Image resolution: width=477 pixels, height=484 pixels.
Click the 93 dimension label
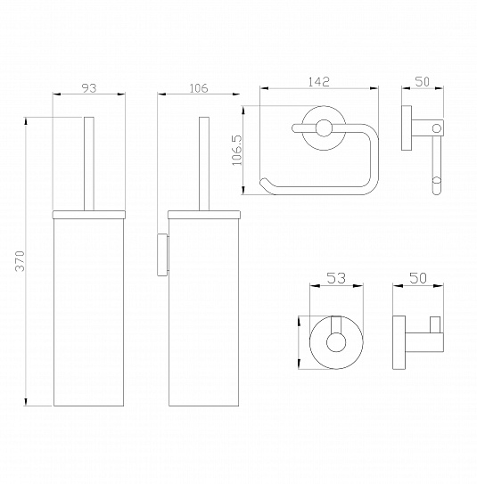coord(89,88)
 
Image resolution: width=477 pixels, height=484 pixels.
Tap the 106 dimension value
coord(199,88)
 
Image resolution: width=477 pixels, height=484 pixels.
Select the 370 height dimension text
coord(21,261)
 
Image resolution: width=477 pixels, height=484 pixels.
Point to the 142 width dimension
coord(319,82)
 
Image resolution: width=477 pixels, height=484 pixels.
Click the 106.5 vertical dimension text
coord(237,151)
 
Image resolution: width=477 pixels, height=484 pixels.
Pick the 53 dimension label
coord(336,278)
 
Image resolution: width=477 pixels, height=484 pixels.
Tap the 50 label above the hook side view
coord(418,278)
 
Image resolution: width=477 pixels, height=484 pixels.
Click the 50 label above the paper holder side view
coord(422,82)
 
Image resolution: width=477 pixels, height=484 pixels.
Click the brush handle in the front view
coord(89,164)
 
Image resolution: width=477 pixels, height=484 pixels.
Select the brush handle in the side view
coord(204,164)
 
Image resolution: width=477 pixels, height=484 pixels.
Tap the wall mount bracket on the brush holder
coord(162,255)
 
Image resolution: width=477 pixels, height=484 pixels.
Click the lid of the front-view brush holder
coord(89,215)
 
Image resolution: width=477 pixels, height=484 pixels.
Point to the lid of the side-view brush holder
coord(204,215)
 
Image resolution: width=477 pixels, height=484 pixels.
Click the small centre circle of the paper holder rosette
coord(324,128)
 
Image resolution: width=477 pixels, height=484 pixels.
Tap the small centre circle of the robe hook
coord(336,342)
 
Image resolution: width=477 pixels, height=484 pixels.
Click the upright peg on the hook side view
coord(435,324)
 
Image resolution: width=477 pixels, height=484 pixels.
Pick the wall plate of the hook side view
coord(399,342)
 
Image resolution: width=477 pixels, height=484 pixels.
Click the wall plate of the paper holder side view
coord(407,128)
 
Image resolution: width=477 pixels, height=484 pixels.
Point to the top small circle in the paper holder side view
coord(437,128)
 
